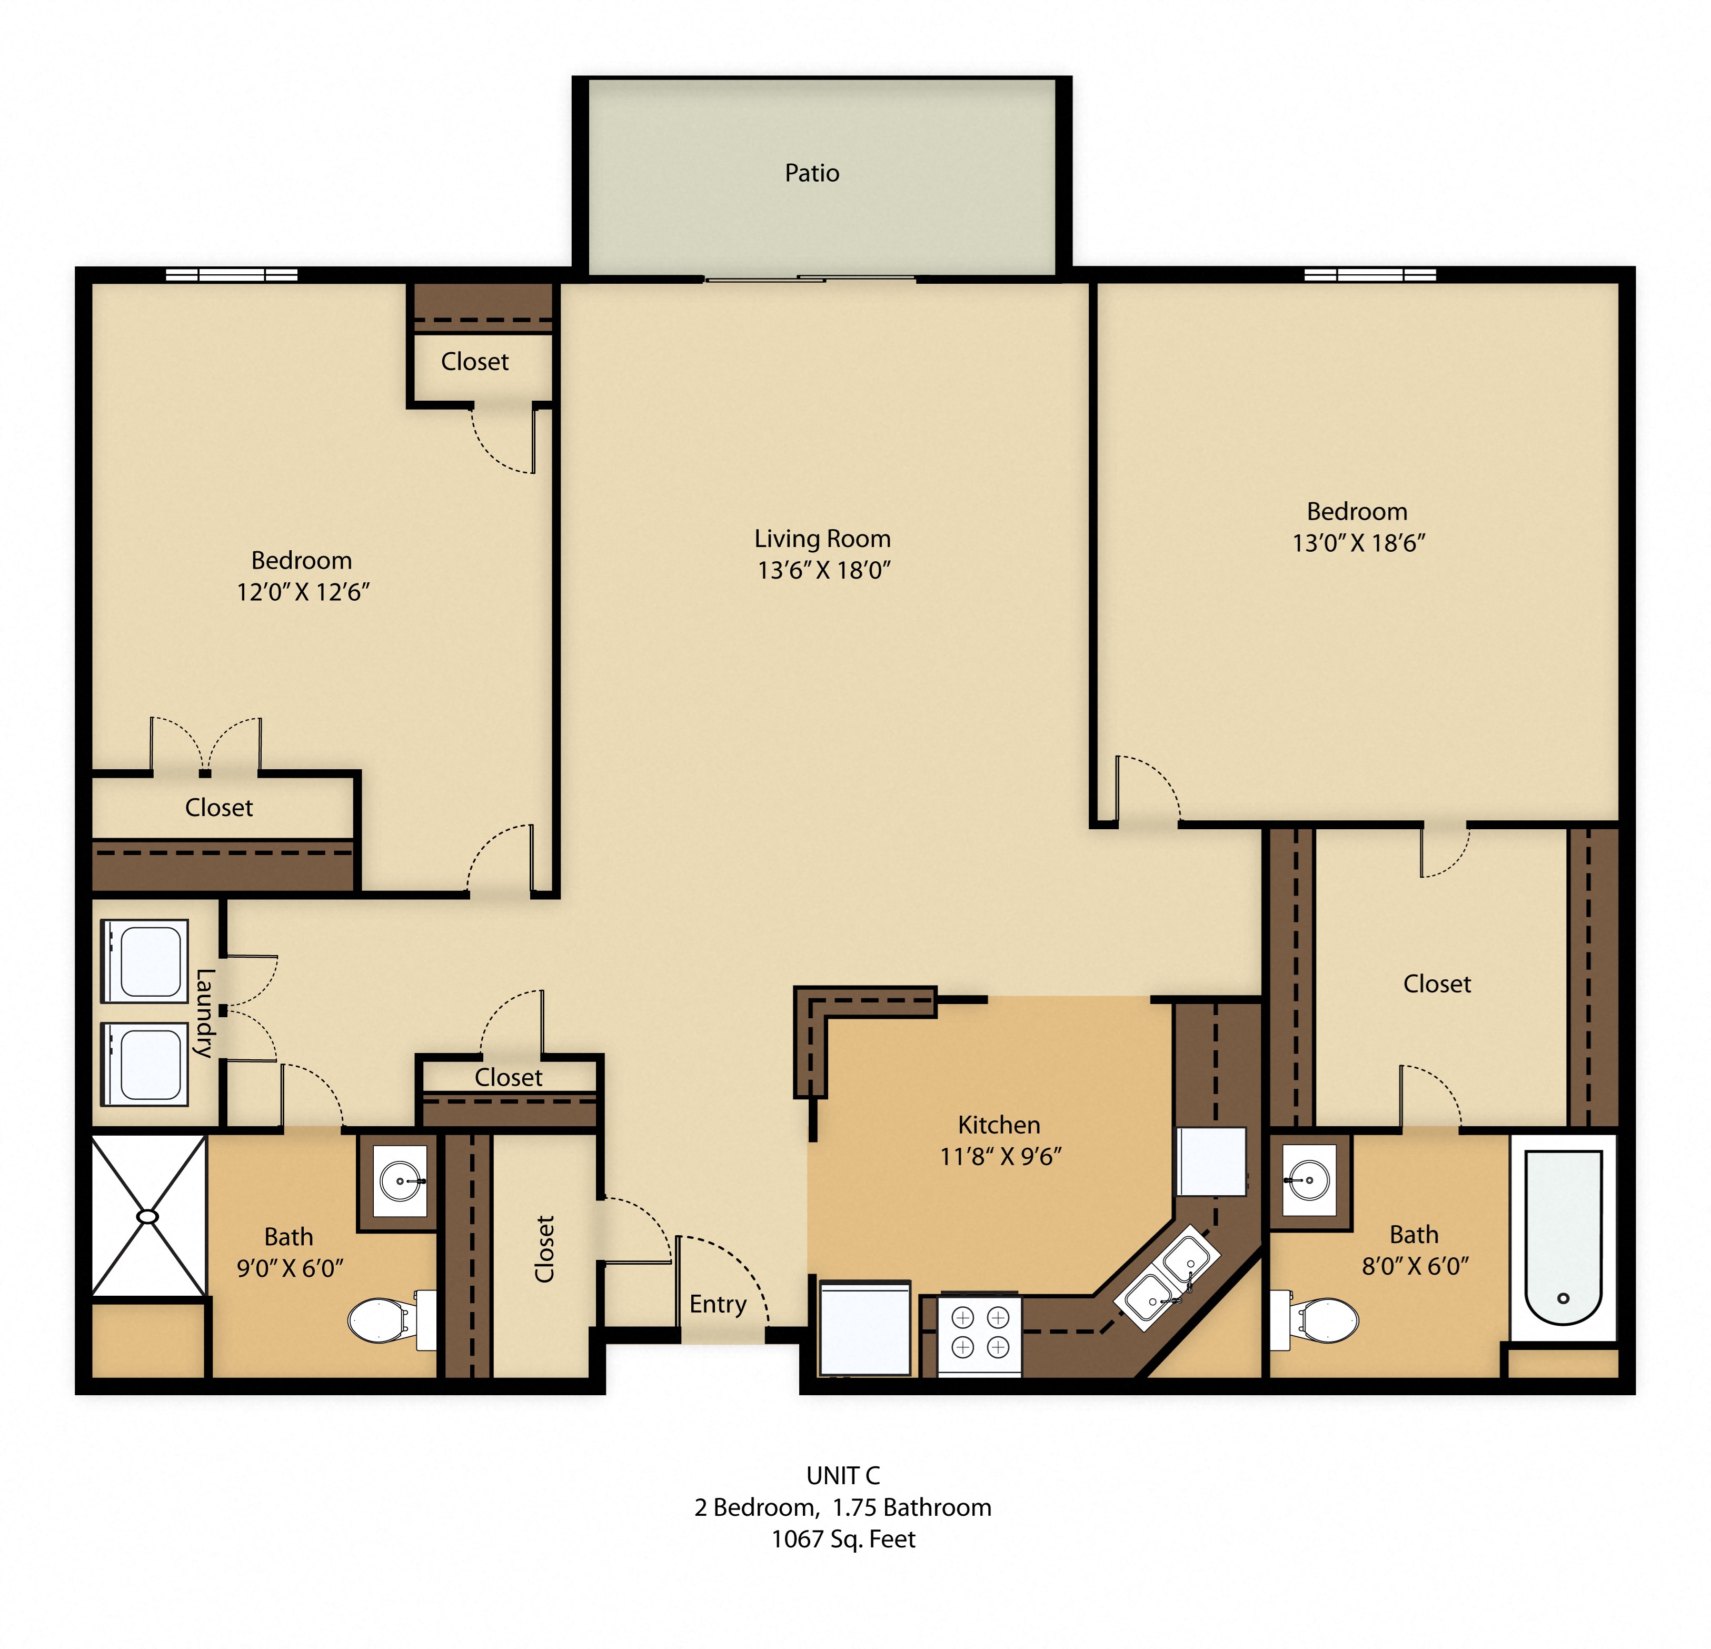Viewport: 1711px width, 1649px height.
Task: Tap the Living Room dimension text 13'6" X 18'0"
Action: coord(823,570)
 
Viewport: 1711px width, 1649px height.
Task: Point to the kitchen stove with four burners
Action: coord(979,1332)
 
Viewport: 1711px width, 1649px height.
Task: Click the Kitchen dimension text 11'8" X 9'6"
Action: coord(1000,1156)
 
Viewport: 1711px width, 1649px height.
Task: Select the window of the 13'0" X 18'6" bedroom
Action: coord(1370,274)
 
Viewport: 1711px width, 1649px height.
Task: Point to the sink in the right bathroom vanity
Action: coord(1309,1180)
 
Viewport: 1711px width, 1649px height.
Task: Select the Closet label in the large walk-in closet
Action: coord(1436,984)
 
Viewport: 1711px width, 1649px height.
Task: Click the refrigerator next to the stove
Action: coord(864,1327)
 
